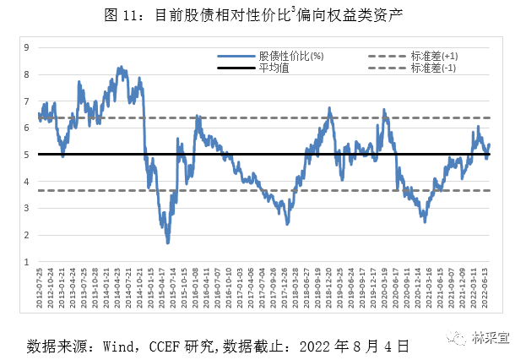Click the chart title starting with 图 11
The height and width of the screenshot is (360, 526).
(x=263, y=14)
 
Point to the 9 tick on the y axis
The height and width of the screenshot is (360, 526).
(x=27, y=47)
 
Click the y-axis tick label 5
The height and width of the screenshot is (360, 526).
(x=27, y=155)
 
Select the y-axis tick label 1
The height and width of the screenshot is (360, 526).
(x=27, y=262)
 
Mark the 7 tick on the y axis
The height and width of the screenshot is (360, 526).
(x=27, y=101)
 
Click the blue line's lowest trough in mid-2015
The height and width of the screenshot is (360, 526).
(x=167, y=243)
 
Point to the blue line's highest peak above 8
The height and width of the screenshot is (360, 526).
(x=120, y=66)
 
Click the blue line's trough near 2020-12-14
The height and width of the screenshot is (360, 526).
(x=425, y=221)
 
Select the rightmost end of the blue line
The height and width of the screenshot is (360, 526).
(x=489, y=145)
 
